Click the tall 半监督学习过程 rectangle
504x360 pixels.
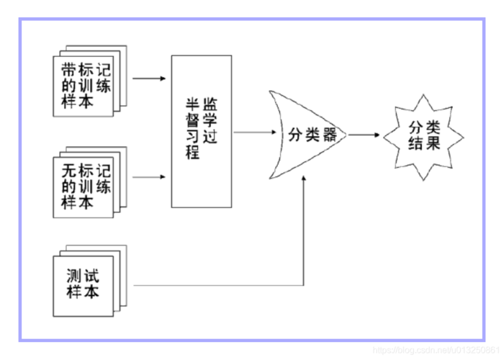(201, 130)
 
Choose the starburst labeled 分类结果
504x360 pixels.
(423, 135)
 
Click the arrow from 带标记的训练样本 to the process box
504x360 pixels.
(149, 76)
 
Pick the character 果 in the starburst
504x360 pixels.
(433, 143)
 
